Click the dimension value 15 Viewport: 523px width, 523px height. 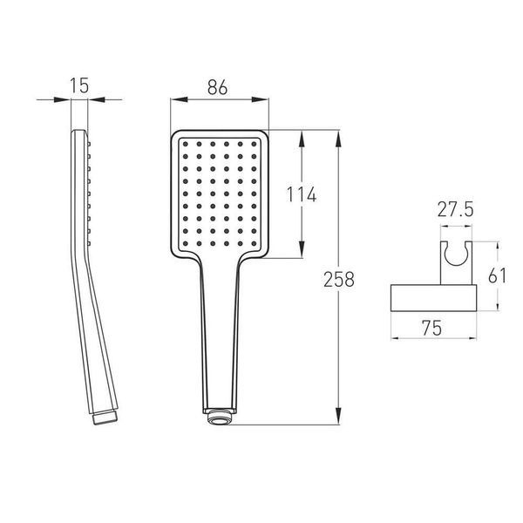79,85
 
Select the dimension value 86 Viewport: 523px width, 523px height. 217,87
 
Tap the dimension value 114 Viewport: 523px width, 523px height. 302,194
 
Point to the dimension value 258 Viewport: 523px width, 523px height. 338,280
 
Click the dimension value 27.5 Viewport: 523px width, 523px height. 455,210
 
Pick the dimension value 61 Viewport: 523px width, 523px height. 497,275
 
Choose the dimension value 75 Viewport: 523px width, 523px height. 431,328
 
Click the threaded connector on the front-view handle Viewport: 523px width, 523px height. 220,417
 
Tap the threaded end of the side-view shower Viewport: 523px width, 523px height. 105,417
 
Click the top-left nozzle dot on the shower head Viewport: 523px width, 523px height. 186,144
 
